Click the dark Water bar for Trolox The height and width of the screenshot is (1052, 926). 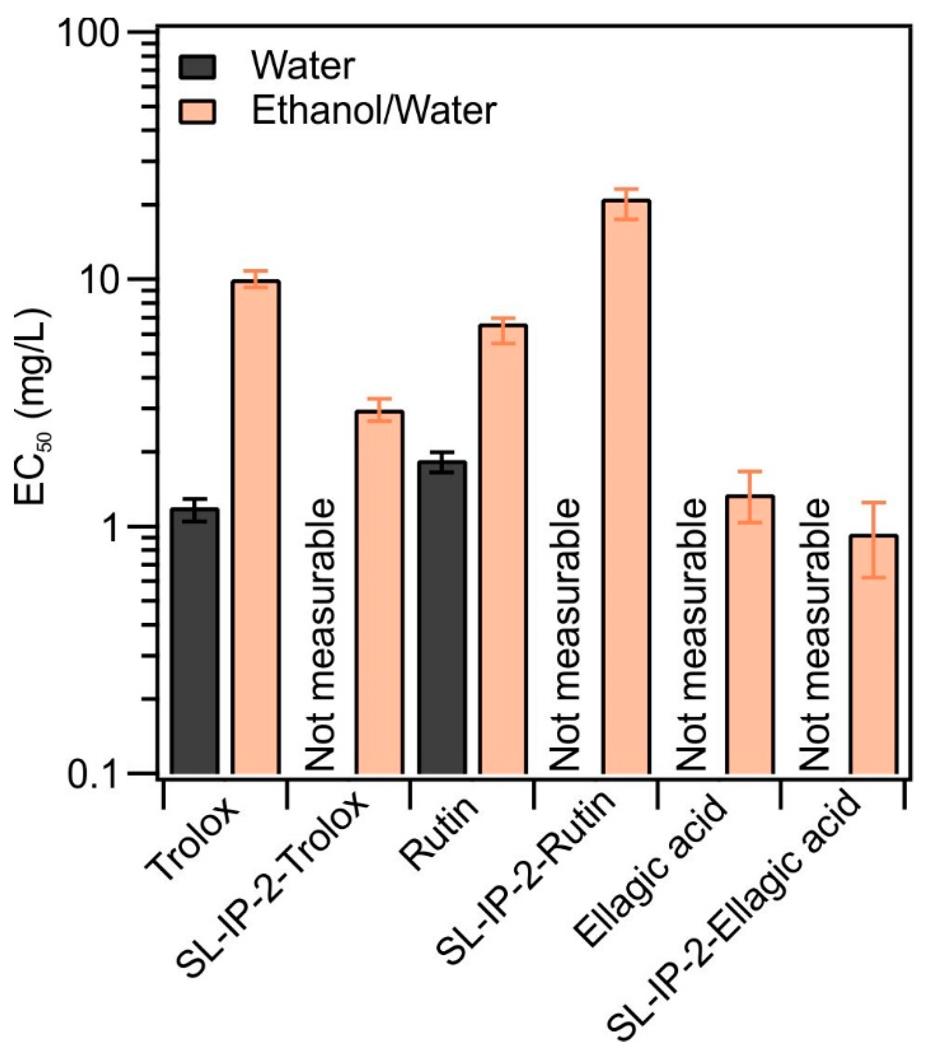(194, 641)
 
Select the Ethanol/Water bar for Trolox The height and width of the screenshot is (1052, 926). (256, 528)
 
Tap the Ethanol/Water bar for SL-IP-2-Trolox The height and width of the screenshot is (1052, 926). (379, 592)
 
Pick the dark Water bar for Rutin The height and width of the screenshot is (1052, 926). (442, 618)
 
